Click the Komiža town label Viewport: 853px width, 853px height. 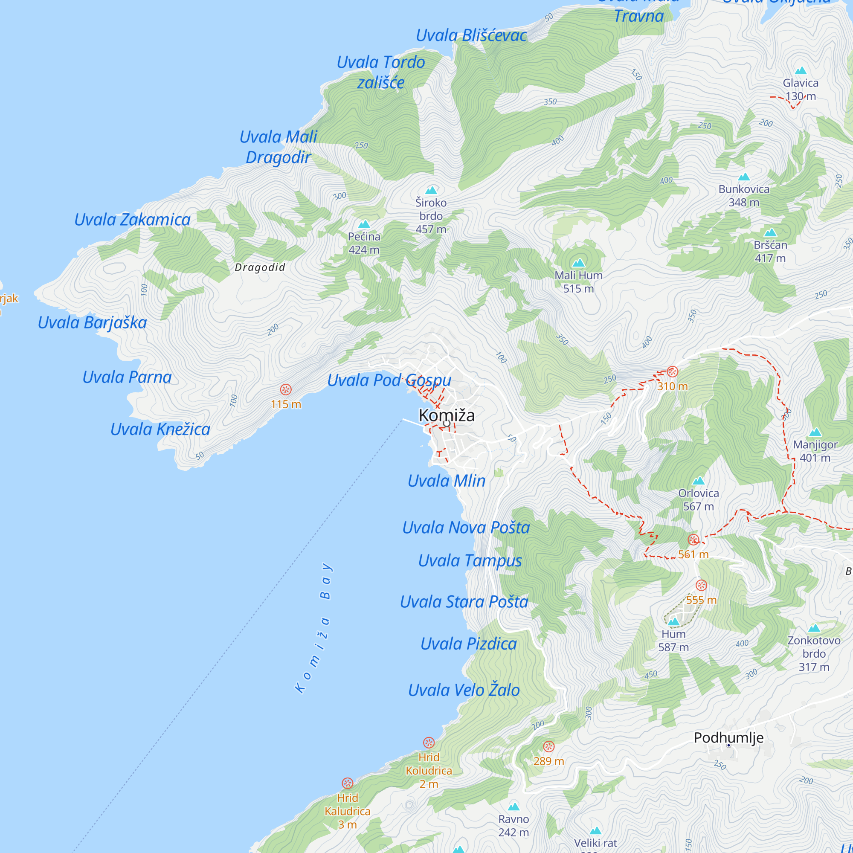[x=447, y=415]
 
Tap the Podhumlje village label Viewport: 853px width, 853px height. [x=728, y=737]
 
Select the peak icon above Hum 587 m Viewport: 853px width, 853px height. [x=673, y=622]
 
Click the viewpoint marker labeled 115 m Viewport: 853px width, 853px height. [x=286, y=389]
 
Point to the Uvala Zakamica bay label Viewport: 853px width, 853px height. [x=132, y=219]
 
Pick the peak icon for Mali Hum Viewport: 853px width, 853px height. [x=578, y=263]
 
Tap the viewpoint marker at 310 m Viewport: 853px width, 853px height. [x=673, y=371]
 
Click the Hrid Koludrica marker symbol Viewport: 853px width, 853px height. [x=429, y=743]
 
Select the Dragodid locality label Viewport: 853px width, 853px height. [x=260, y=267]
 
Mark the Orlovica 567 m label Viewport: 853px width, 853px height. [x=699, y=499]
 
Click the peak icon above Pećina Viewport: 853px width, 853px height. [x=364, y=224]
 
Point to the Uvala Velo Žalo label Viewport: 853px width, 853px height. [x=464, y=690]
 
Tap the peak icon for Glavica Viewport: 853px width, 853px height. [x=801, y=71]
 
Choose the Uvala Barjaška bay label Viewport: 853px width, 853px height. [x=92, y=322]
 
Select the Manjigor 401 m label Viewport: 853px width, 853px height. [x=815, y=451]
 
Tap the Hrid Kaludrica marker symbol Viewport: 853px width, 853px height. [x=348, y=783]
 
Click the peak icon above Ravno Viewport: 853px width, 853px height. [x=513, y=807]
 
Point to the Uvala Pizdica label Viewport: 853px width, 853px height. [x=468, y=644]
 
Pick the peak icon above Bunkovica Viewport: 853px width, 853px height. [x=744, y=177]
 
